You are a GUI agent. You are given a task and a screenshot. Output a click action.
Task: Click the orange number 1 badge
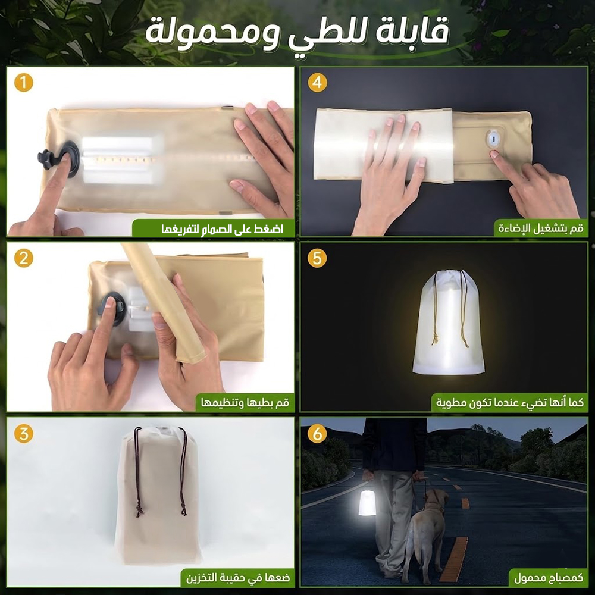(x=24, y=83)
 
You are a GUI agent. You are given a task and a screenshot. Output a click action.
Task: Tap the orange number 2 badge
(x=24, y=258)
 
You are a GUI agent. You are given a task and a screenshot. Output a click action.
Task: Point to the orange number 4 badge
(x=317, y=83)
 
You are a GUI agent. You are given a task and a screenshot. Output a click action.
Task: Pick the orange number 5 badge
(x=317, y=258)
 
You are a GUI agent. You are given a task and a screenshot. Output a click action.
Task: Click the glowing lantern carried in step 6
(x=367, y=502)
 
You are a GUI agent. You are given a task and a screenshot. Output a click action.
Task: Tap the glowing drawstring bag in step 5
(x=448, y=322)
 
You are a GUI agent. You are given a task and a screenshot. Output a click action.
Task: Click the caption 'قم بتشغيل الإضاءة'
(x=541, y=229)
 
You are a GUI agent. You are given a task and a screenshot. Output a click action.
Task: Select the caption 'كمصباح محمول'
(x=549, y=578)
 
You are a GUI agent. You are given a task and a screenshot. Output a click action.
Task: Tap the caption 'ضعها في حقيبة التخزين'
(x=238, y=578)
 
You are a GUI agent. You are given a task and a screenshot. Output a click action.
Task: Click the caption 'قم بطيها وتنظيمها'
(x=245, y=402)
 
